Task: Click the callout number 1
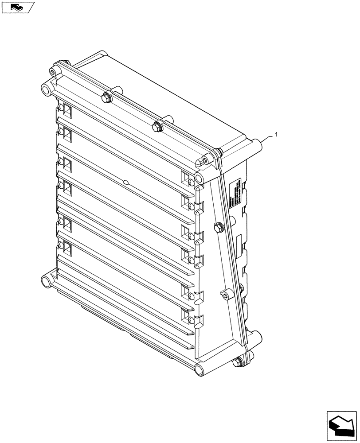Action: click(x=277, y=134)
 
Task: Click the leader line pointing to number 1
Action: click(x=269, y=138)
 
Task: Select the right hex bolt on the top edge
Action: click(x=157, y=126)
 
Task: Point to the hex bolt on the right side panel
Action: click(x=218, y=228)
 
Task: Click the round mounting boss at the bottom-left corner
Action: click(x=45, y=281)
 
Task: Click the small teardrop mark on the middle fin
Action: click(x=127, y=182)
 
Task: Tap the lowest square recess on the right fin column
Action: click(x=185, y=315)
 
